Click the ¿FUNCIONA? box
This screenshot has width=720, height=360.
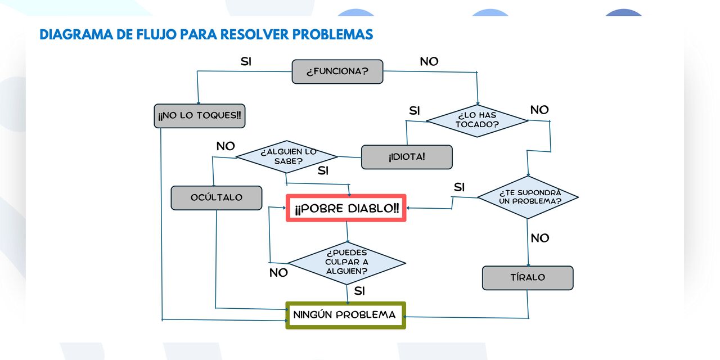click(337, 72)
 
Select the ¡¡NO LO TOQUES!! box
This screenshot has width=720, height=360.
click(200, 116)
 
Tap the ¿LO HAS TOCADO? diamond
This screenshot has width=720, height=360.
click(477, 120)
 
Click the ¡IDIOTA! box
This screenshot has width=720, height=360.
click(407, 157)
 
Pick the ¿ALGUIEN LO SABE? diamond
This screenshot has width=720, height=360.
click(287, 156)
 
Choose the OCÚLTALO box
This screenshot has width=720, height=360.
click(217, 197)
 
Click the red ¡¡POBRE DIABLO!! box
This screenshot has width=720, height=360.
click(346, 208)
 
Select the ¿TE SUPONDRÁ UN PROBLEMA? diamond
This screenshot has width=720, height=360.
click(528, 197)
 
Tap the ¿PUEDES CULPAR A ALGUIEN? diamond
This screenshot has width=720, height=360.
click(346, 262)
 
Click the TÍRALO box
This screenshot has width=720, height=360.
click(528, 278)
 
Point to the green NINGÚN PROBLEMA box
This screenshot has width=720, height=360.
click(345, 315)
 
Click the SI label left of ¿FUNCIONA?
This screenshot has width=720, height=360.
click(246, 62)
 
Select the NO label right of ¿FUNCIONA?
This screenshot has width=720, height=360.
click(429, 62)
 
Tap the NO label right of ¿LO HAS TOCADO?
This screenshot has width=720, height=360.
click(539, 110)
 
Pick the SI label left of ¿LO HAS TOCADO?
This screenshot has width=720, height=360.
click(415, 111)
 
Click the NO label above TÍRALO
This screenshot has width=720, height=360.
click(540, 238)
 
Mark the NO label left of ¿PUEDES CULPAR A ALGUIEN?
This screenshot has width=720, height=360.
click(278, 273)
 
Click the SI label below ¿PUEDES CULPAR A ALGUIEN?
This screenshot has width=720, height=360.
click(359, 291)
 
